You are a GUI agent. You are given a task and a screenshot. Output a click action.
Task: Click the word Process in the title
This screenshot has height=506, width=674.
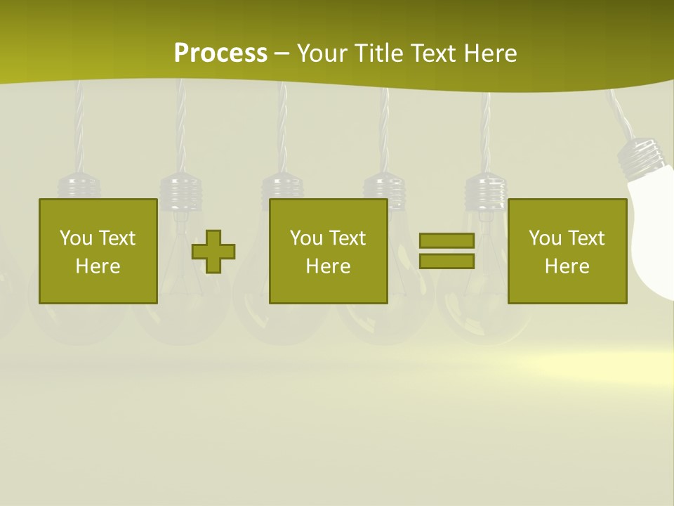click(x=220, y=53)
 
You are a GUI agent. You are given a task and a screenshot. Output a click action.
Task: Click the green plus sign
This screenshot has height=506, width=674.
click(x=213, y=251)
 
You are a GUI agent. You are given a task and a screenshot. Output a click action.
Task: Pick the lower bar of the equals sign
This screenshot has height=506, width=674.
click(x=447, y=261)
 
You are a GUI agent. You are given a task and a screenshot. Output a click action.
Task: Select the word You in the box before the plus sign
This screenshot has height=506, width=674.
click(x=76, y=238)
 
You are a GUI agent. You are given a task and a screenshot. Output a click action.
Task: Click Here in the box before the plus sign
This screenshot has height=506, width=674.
click(x=98, y=266)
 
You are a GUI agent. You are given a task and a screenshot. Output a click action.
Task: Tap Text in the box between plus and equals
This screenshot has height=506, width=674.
click(x=348, y=238)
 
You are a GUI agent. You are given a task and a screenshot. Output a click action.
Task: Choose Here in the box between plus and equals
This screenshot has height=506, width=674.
click(x=328, y=266)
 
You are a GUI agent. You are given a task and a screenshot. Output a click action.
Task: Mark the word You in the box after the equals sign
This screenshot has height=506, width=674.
click(x=545, y=238)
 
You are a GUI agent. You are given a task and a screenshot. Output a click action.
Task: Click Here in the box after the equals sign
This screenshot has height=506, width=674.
click(x=567, y=266)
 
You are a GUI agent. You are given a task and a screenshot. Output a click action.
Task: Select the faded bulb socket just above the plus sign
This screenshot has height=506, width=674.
click(x=180, y=190)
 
